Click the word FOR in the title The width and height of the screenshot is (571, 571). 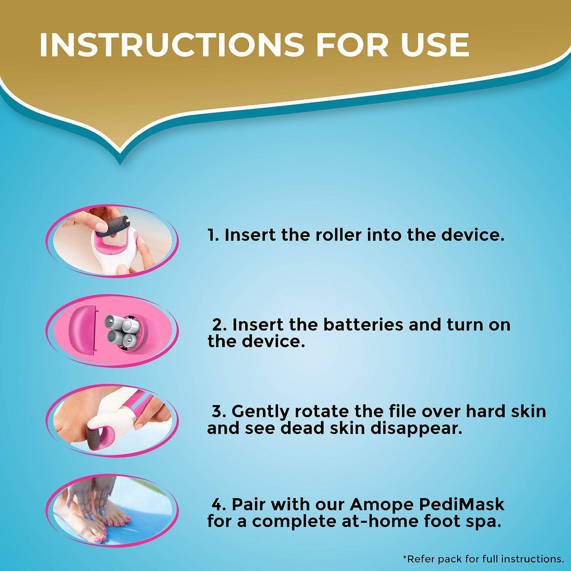tap(352, 44)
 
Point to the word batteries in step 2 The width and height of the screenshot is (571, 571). tap(363, 325)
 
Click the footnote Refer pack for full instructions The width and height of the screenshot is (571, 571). tap(483, 559)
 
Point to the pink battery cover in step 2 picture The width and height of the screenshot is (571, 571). tap(83, 330)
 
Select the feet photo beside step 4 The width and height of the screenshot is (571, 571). tap(112, 510)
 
